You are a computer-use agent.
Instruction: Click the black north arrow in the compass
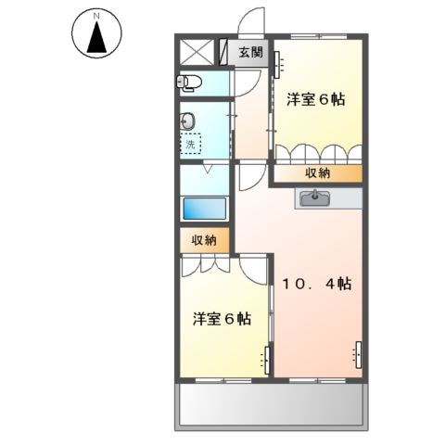95,39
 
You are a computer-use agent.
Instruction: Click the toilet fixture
189,83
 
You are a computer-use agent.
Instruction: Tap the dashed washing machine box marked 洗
190,144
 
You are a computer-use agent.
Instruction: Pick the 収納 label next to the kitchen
316,172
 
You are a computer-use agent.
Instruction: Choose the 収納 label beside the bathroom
204,241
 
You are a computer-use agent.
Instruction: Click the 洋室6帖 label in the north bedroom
315,99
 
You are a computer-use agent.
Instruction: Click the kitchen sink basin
315,196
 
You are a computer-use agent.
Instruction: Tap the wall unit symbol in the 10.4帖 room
358,353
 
